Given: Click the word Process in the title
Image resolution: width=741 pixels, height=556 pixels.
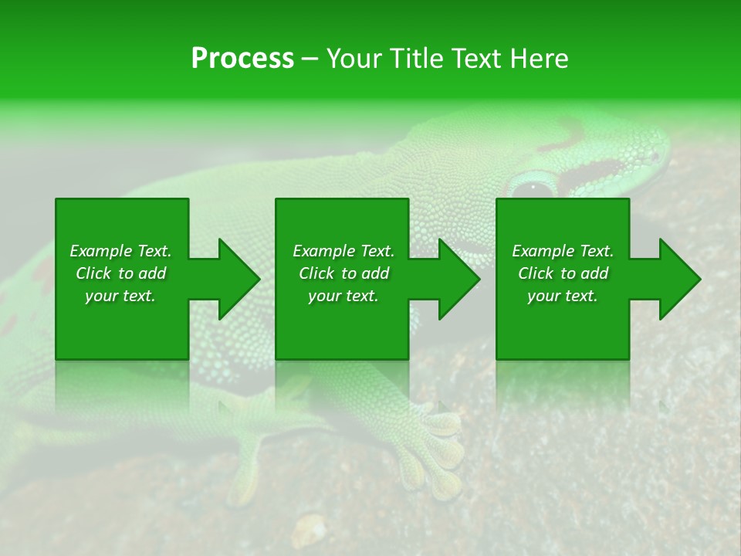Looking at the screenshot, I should [x=242, y=59].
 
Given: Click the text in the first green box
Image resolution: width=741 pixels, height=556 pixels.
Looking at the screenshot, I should [x=120, y=273].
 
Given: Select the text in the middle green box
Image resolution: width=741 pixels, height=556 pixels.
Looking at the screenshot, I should [x=343, y=273].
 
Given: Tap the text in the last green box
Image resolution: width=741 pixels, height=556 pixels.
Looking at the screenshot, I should [x=563, y=273].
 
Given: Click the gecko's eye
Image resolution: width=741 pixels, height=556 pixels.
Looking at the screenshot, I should [x=533, y=188].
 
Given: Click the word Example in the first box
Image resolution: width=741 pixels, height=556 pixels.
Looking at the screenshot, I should [x=101, y=251].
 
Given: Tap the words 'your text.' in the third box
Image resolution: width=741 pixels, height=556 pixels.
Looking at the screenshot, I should [x=563, y=296].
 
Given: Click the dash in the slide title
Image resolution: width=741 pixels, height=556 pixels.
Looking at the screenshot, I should [x=310, y=59].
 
